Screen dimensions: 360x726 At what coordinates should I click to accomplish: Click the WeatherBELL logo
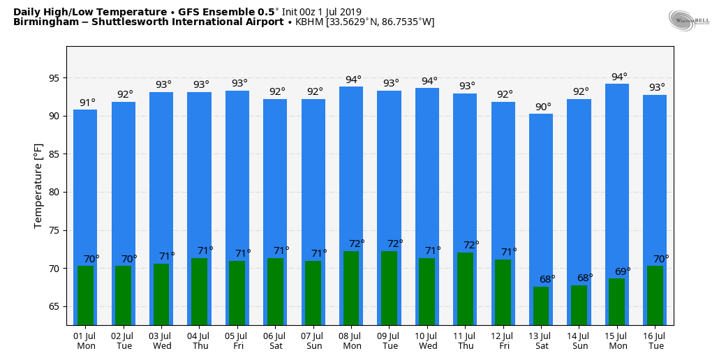(x=688, y=20)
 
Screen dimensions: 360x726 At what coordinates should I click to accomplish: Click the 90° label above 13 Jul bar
(x=543, y=107)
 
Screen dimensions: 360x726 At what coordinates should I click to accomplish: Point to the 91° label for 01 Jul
(x=87, y=103)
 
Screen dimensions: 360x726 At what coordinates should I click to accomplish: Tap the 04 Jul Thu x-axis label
(x=200, y=340)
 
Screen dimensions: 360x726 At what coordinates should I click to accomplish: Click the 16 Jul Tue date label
(x=655, y=340)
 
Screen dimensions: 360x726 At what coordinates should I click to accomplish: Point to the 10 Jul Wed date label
(x=427, y=340)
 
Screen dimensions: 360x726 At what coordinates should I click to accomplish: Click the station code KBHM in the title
(x=309, y=22)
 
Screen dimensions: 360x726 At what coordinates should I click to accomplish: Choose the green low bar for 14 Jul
(x=579, y=305)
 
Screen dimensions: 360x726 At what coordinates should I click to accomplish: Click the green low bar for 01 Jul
(x=85, y=295)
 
